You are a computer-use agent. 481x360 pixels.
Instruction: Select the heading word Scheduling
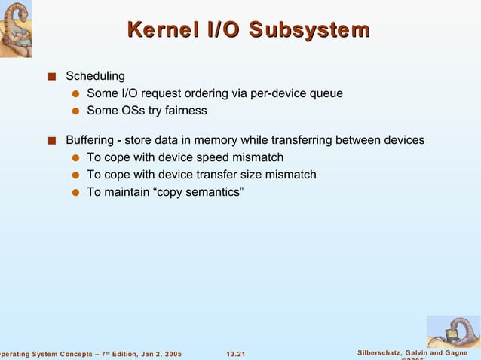click(x=95, y=76)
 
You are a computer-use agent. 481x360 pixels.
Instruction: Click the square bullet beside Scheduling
click(x=51, y=76)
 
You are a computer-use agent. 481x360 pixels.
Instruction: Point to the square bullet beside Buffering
click(x=51, y=141)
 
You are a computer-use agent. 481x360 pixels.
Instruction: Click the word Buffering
click(x=90, y=140)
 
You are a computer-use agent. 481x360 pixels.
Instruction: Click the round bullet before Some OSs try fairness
click(x=75, y=111)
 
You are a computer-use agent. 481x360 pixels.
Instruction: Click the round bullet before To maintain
click(x=75, y=193)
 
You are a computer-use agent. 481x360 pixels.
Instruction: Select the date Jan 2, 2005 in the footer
click(x=158, y=354)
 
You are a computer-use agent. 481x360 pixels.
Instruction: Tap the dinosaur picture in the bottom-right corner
click(x=452, y=331)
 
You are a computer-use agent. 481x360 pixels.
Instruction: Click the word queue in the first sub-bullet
click(x=327, y=93)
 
